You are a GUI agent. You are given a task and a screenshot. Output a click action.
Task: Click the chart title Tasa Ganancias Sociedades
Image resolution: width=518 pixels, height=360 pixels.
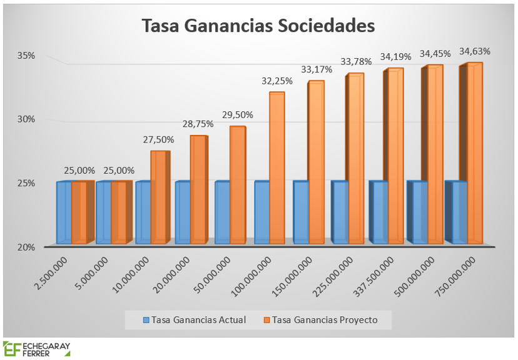click(258, 26)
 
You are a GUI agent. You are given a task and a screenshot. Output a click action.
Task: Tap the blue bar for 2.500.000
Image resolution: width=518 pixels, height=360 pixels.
click(64, 212)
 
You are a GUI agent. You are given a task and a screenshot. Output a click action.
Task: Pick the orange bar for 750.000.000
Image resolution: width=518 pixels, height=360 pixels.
click(474, 153)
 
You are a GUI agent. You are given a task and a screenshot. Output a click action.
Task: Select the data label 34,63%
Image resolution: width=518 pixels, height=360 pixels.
click(475, 51)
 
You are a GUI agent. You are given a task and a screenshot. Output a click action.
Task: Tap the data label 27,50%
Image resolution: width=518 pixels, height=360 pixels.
click(159, 139)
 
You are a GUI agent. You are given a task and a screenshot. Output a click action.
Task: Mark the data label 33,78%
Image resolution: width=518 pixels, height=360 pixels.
click(356, 62)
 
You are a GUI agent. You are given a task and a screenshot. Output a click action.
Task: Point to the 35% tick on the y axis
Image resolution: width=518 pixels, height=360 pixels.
click(26, 56)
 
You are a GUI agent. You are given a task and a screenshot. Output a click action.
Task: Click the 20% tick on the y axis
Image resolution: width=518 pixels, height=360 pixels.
click(26, 247)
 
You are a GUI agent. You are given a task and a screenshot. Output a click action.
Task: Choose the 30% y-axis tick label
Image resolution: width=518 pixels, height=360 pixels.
click(26, 119)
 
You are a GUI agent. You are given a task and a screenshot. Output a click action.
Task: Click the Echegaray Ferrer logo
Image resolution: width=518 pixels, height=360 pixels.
click(36, 349)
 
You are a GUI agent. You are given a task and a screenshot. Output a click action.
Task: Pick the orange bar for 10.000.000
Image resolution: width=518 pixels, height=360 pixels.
click(159, 197)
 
